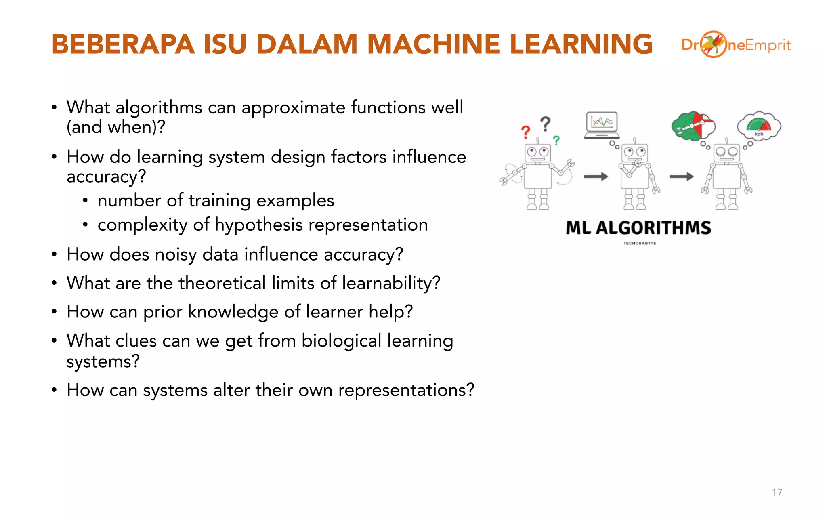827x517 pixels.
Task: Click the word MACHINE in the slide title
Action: (x=433, y=44)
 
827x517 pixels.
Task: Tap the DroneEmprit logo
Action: (x=736, y=44)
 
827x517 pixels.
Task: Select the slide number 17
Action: (x=777, y=492)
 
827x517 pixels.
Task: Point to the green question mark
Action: (x=556, y=140)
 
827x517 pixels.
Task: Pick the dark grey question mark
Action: (x=546, y=124)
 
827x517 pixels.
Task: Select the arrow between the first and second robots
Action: (x=596, y=177)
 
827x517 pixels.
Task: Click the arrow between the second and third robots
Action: (x=681, y=177)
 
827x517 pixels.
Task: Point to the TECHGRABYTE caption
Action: (x=640, y=243)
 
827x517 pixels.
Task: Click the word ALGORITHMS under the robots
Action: (x=653, y=228)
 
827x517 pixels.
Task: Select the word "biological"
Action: (x=341, y=340)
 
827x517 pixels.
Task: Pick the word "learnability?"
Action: (x=391, y=283)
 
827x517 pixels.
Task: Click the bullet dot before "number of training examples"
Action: (x=85, y=201)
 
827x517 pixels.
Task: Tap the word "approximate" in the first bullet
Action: (x=293, y=108)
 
